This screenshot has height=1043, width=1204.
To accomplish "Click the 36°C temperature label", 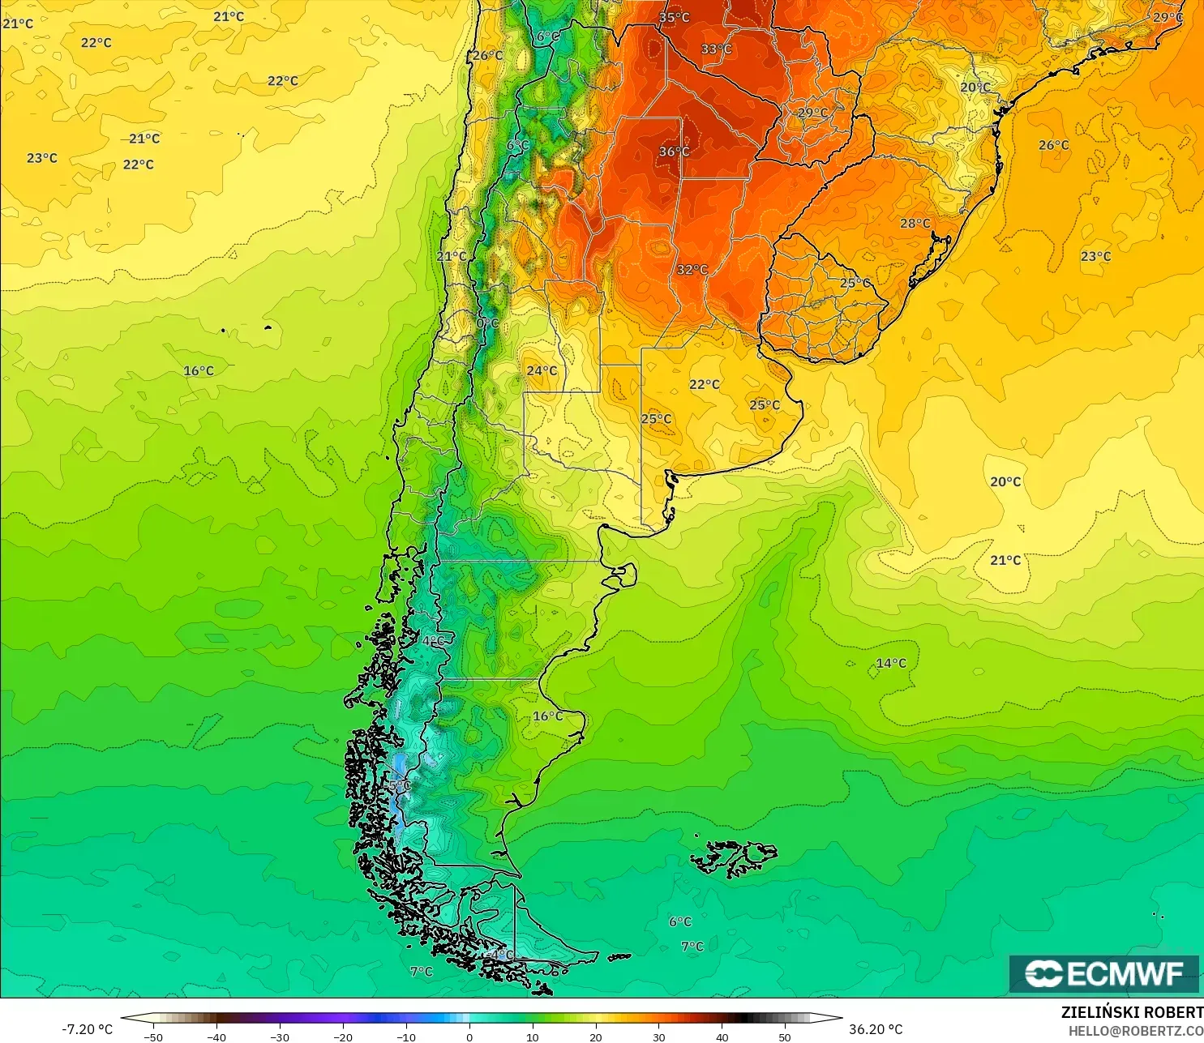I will tap(674, 152).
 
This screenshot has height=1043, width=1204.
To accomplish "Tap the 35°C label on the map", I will tap(674, 17).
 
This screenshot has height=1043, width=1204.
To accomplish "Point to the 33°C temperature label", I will tap(716, 49).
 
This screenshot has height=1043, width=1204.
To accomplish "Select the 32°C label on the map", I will tap(692, 270).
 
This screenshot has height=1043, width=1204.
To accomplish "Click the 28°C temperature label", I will tap(915, 223).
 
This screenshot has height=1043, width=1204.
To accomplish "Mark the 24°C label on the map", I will tap(542, 370).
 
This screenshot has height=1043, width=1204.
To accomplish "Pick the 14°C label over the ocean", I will tap(891, 663).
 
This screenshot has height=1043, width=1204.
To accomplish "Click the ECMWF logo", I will tap(1103, 973).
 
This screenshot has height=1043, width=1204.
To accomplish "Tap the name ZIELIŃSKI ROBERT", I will tap(1132, 1012).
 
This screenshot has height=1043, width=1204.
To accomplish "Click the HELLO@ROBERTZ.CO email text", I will tap(1135, 1031).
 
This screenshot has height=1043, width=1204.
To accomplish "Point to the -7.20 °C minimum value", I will tap(88, 1029).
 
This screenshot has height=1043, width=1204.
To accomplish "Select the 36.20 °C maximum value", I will tap(876, 1029).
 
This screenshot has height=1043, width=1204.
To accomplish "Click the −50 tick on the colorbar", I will tap(153, 1037).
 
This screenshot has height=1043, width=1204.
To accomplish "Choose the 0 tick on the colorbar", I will tap(469, 1037).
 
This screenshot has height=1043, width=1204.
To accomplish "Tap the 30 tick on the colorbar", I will tap(659, 1037).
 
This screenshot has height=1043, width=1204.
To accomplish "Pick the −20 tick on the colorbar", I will tap(343, 1037).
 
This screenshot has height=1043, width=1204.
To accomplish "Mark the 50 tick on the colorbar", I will tap(785, 1037).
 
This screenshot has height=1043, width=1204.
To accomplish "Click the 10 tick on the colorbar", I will tap(533, 1037).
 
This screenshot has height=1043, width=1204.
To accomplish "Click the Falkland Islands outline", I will tap(734, 858).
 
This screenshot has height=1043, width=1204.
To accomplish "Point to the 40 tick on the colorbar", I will tap(722, 1037).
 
